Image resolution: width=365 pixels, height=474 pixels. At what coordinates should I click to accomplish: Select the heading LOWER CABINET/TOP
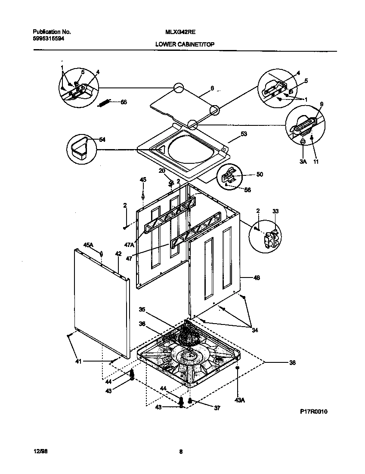click(186, 44)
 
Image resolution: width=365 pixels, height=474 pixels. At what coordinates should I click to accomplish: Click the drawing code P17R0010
click(314, 412)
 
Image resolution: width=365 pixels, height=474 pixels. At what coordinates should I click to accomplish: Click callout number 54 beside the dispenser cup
click(102, 140)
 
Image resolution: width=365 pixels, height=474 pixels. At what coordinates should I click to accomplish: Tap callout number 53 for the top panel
click(244, 134)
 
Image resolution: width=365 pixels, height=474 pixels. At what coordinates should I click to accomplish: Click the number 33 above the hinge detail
click(275, 211)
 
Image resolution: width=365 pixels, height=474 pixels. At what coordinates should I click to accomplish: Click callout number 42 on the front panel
click(118, 254)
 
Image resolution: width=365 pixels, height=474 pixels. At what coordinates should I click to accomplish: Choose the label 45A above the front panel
click(88, 245)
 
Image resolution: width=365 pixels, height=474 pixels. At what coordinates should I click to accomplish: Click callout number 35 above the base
click(142, 309)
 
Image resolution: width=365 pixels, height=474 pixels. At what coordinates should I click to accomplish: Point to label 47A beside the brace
click(129, 245)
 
